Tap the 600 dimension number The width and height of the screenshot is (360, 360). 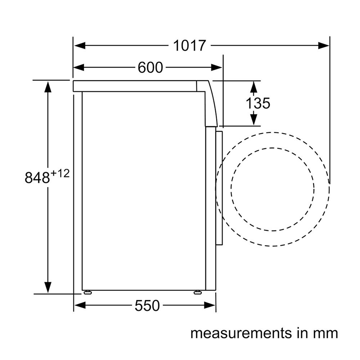[x=150, y=68]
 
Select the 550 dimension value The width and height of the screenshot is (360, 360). [x=147, y=305]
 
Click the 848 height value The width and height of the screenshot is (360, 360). [x=37, y=177]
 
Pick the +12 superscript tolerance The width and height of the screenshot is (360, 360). [x=60, y=174]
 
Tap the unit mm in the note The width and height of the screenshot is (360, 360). [x=327, y=334]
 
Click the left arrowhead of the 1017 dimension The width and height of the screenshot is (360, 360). [x=80, y=45]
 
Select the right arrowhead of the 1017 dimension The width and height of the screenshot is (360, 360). [x=324, y=45]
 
